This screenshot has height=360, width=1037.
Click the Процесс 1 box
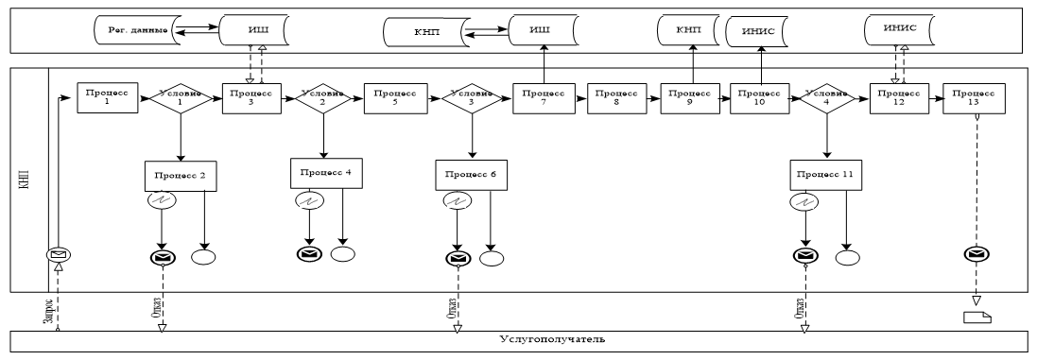click(107, 98)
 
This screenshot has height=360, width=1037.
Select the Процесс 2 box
click(175, 176)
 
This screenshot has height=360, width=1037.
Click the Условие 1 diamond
click(180, 99)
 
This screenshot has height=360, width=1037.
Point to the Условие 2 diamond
click(324, 99)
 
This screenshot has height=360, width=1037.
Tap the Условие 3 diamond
click(470, 99)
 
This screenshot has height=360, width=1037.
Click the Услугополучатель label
click(542, 337)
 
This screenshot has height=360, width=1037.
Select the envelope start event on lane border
click(59, 255)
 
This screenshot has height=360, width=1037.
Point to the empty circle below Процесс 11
click(848, 257)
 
